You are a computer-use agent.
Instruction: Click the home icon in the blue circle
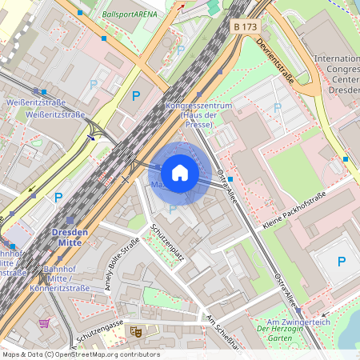tap(180, 173)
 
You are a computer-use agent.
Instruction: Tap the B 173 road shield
tap(245, 26)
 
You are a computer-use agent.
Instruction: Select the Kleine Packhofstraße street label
tap(294, 210)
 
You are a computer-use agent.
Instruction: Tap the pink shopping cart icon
tap(44, 323)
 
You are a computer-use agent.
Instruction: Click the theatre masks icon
tap(135, 330)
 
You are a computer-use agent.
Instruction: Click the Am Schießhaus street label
tap(222, 331)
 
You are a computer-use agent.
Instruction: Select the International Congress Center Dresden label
tap(336, 74)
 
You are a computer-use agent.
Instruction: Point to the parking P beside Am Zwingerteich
tap(342, 261)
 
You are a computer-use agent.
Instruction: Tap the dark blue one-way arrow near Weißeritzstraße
tap(90, 137)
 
